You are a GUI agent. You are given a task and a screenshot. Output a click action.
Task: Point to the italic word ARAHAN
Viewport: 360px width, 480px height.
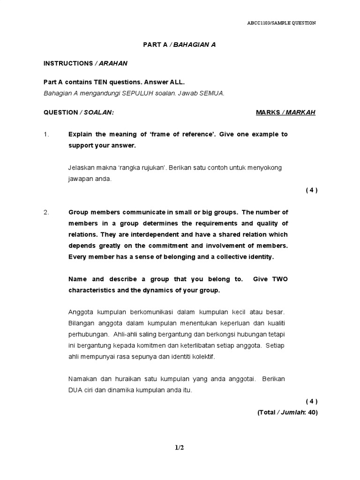112,63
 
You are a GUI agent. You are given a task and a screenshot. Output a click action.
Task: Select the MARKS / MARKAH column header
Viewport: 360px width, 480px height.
285,112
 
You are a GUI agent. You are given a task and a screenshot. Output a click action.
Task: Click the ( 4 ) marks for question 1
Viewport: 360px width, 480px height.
311,190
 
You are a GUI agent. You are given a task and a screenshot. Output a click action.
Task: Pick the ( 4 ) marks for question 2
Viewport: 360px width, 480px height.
311,401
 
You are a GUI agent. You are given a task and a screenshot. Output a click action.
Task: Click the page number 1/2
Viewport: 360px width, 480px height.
180,448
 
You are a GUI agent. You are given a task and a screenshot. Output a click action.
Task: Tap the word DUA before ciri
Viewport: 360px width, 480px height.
76,390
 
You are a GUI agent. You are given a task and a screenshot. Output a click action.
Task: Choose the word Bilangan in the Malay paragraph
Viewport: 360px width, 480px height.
82,323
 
